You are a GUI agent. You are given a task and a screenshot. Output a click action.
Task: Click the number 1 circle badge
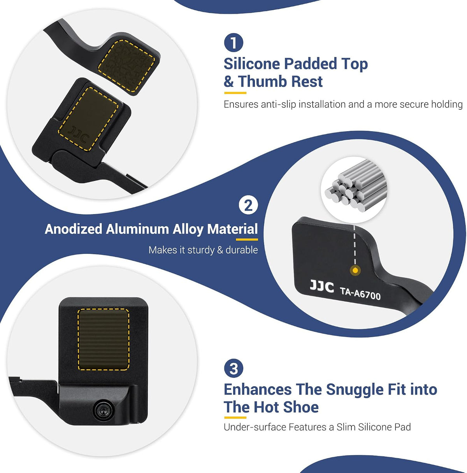pos(233,43)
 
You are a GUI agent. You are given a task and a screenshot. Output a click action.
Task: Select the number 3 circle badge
pos(233,368)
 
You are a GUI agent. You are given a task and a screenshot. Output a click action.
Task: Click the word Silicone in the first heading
pos(252,64)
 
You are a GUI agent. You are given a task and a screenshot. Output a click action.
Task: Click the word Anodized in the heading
pos(74,229)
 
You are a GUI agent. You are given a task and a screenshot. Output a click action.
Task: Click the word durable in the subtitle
pos(242,250)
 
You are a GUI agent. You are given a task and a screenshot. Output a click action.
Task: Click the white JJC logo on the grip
pos(321,287)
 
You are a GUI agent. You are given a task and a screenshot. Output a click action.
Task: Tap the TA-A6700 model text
pos(360,293)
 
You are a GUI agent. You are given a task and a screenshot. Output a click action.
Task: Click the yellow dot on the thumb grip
pos(355,271)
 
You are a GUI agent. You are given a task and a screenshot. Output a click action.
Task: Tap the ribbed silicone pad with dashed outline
pos(103,339)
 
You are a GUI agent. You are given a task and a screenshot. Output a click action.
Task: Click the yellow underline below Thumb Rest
pos(235,93)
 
